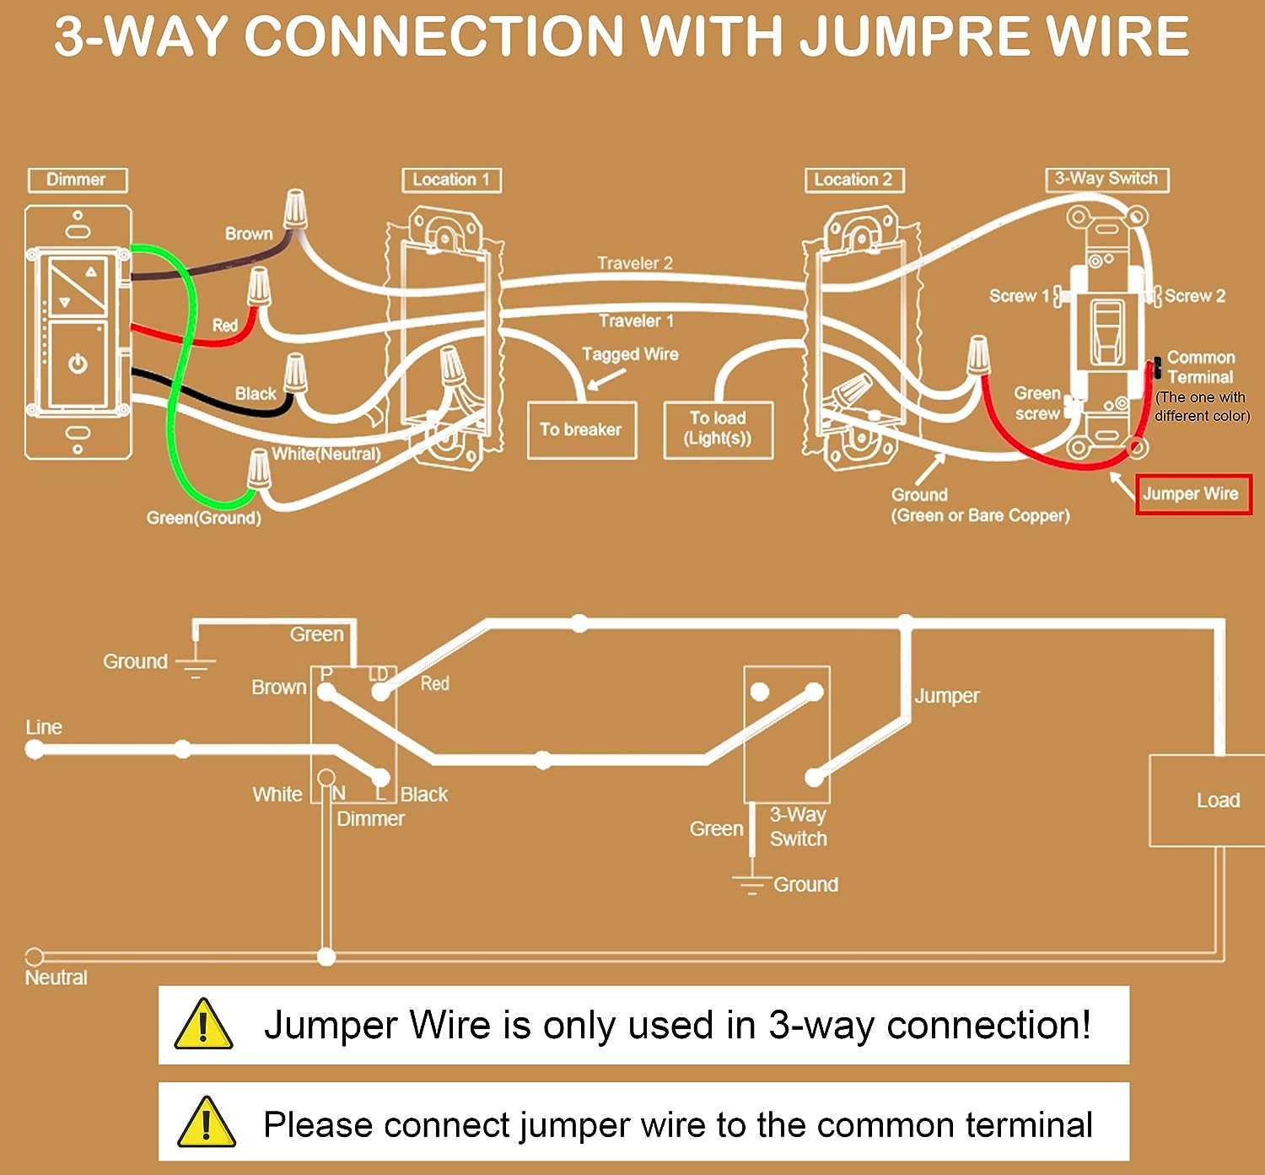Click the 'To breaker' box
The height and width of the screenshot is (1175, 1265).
pos(581,430)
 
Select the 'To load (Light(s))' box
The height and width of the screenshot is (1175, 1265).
pos(718,429)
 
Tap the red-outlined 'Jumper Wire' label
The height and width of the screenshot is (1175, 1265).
pos(1192,494)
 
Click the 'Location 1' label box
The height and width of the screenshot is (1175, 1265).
pos(451,180)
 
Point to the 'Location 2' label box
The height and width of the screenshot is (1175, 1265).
pos(853,180)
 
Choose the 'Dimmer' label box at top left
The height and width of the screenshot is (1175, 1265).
pos(77,180)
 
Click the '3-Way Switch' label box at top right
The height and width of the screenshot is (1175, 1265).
pos(1106,179)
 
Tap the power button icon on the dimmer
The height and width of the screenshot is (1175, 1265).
pos(78,364)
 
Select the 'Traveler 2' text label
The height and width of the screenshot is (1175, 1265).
pos(635,263)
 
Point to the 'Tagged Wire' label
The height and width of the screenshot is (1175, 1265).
pos(630,354)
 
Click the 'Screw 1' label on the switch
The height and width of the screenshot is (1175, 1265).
pos(1018,296)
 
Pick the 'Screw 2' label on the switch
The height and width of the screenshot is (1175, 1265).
pos(1195,296)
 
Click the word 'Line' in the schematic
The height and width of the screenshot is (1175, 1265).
pos(44,727)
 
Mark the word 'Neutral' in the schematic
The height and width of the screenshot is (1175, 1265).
pos(57,978)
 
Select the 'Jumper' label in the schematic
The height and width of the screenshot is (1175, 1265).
pos(947,696)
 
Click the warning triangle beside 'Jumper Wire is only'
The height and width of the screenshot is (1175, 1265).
pos(203,1025)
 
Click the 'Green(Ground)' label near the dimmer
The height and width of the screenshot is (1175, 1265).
pos(203,518)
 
